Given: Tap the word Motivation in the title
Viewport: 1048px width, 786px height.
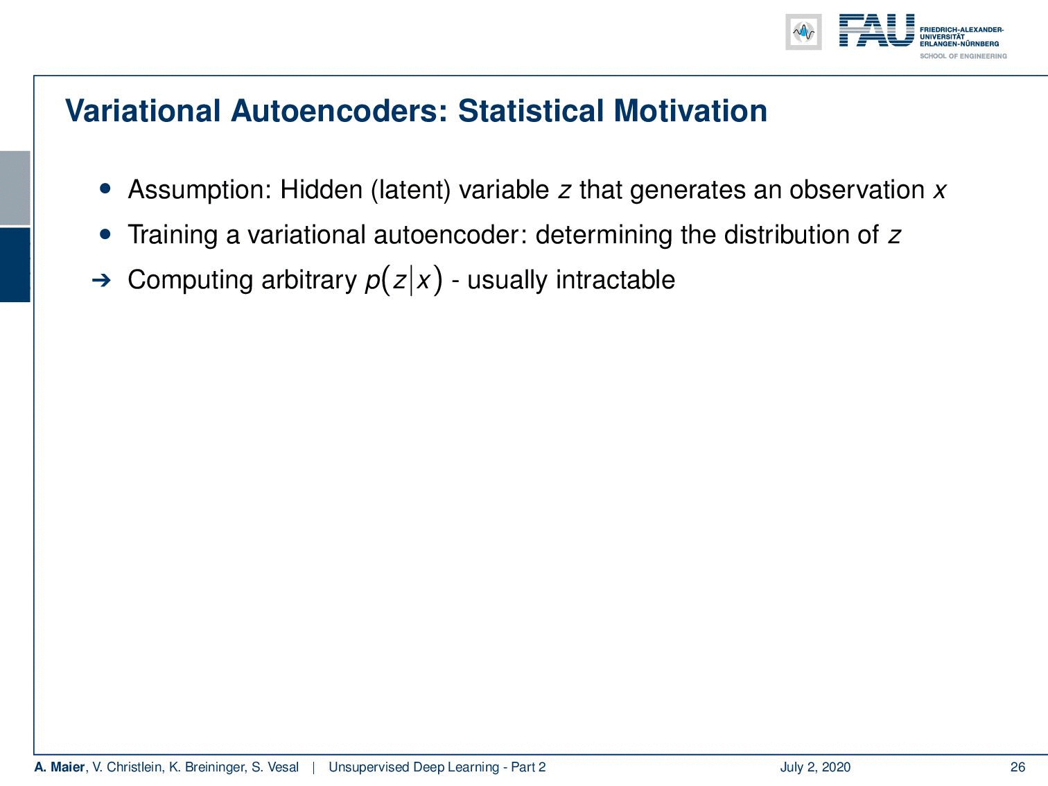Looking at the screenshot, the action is [x=690, y=111].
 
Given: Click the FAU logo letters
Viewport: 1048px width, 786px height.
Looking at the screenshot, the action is [x=877, y=30].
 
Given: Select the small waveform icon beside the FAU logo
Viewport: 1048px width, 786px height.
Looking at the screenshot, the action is [x=803, y=32].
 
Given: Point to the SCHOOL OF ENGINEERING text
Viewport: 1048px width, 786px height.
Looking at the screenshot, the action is [x=963, y=56].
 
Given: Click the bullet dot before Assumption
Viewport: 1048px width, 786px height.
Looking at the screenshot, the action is [x=105, y=189].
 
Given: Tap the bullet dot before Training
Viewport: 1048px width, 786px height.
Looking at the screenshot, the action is [x=105, y=234].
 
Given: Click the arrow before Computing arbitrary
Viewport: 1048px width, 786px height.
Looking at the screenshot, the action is [x=101, y=280].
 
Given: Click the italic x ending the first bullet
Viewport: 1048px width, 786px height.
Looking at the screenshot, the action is [x=940, y=191].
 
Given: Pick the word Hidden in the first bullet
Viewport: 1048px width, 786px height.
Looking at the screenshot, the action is [x=322, y=189].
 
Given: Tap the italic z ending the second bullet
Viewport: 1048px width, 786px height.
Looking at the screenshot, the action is [x=894, y=236].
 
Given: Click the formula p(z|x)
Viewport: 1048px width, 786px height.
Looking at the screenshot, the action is [x=403, y=281].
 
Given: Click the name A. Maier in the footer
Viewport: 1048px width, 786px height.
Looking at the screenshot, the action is [x=59, y=767].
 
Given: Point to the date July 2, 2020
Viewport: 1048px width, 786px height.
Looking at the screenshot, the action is [x=815, y=767].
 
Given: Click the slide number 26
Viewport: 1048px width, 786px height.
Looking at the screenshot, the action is [x=1018, y=767].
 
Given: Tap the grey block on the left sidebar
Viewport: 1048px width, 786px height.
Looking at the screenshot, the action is [x=15, y=188].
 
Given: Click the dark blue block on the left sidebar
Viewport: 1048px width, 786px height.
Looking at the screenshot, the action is [x=15, y=265].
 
